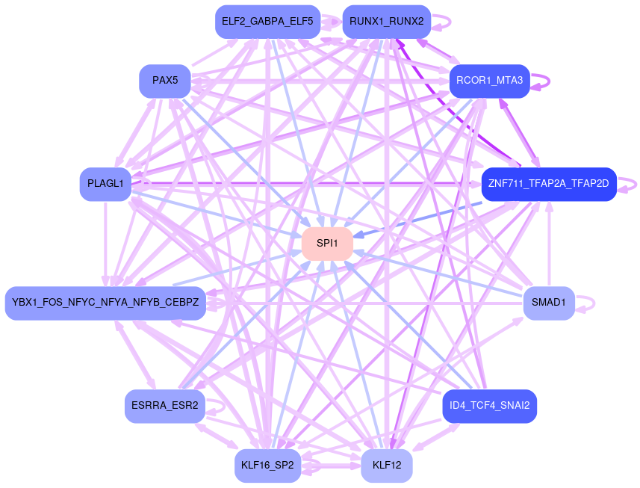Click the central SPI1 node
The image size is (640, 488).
click(x=327, y=244)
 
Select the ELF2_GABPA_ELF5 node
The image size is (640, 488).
click(x=267, y=22)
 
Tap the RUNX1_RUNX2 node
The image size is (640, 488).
click(x=386, y=22)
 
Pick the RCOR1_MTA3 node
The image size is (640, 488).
click(x=489, y=81)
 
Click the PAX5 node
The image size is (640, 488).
click(x=165, y=81)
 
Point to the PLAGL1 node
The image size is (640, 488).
click(x=105, y=184)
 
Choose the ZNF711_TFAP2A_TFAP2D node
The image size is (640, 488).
click(x=548, y=184)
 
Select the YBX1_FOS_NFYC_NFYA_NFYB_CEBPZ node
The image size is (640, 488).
click(x=105, y=303)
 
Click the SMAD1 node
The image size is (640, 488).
click(x=549, y=303)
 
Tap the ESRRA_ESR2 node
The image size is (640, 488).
click(x=164, y=407)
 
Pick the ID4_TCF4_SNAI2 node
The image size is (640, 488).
click(x=489, y=407)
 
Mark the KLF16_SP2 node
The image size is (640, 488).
click(x=268, y=466)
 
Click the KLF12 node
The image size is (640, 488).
click(x=387, y=466)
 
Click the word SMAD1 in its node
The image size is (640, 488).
click(x=549, y=303)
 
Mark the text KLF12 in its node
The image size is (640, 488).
click(x=387, y=466)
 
